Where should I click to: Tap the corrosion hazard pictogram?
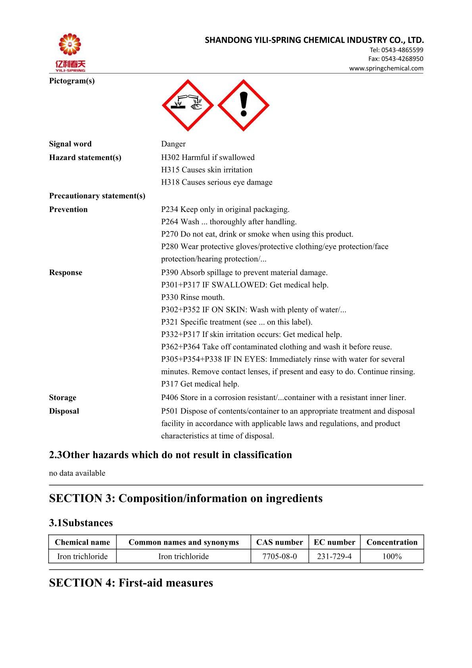click(x=188, y=105)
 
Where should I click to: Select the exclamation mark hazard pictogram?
click(x=244, y=105)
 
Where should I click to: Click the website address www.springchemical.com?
click(x=386, y=68)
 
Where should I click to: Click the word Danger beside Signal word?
click(x=173, y=144)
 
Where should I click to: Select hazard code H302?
click(x=170, y=158)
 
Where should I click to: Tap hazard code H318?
click(x=170, y=182)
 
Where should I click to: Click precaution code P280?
click(x=170, y=246)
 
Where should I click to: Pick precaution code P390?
click(x=170, y=273)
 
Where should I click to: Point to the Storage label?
click(x=63, y=398)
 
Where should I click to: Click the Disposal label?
click(x=64, y=411)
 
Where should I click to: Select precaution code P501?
click(x=170, y=411)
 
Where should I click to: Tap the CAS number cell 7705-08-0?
click(x=280, y=556)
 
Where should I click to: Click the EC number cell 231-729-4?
click(x=334, y=556)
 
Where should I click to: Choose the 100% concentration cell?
click(x=392, y=556)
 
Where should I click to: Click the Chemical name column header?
click(x=83, y=542)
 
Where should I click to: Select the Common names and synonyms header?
click(x=184, y=542)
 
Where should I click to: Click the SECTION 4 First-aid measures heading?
click(x=131, y=583)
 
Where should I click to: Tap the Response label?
click(x=66, y=273)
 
